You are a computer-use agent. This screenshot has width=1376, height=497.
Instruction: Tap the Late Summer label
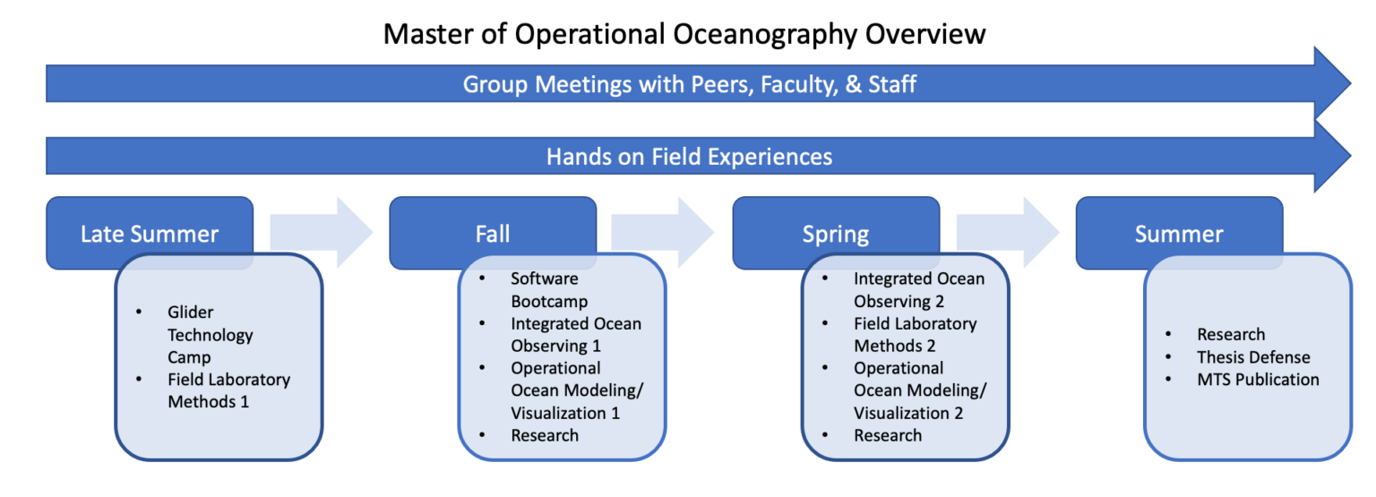pos(150,234)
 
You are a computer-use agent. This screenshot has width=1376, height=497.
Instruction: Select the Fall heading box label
pos(493,234)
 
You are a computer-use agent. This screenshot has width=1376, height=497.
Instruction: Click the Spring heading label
pos(836,235)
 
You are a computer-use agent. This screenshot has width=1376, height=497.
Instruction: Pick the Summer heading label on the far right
pos(1179,234)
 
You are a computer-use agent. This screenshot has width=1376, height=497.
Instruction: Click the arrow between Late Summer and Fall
pos(322,232)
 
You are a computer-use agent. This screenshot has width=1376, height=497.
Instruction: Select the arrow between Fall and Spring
pos(662,232)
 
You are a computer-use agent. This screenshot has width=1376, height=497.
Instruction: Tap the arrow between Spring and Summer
pos(1008,232)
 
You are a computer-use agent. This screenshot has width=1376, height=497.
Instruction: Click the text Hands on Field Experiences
pos(689,157)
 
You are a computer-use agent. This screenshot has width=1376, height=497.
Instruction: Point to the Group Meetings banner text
pos(689,84)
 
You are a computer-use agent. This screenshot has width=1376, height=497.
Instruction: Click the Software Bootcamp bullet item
pos(545,290)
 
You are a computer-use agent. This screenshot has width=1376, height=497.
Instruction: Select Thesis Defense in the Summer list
pos(1253,357)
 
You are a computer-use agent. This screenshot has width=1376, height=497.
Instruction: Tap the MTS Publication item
pos(1258,379)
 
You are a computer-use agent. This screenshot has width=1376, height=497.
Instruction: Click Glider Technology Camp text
pos(211,334)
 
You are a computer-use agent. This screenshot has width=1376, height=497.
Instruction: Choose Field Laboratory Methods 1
pos(228,390)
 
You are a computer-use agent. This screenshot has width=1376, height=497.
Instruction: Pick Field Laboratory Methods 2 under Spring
pos(915,334)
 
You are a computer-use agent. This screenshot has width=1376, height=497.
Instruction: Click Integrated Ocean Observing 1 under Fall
pos(576,334)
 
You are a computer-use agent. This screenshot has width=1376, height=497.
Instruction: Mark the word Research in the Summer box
pos(1230,334)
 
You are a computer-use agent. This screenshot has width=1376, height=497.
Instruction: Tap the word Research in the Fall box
pos(545,435)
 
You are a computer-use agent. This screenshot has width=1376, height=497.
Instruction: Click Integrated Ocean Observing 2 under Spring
pos(919,290)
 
